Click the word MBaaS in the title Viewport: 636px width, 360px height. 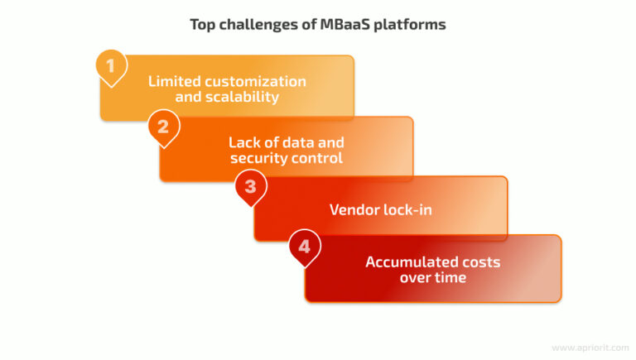(341, 24)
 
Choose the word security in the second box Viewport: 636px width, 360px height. (259, 157)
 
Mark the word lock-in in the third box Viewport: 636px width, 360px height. (407, 209)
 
